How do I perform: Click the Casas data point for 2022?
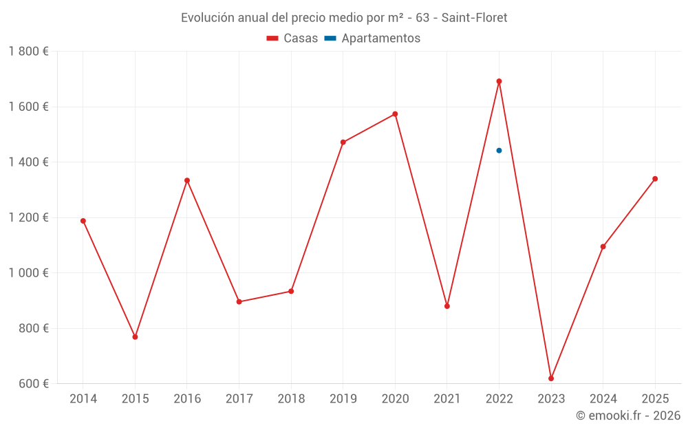499,81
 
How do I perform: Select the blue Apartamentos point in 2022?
499,150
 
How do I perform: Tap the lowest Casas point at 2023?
551,378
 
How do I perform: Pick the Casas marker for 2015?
135,337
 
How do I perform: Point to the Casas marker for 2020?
395,114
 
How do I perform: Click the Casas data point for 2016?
187,180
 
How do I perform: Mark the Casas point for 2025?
655,179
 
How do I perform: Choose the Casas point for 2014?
83,221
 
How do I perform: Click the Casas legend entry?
292,39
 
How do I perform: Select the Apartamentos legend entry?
372,39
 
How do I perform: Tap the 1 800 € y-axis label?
29,52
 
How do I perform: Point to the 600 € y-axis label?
33,383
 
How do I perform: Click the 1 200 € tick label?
29,217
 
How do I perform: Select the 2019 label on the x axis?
343,399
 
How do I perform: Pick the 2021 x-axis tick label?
447,399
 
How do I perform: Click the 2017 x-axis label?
239,399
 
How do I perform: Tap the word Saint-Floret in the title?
474,18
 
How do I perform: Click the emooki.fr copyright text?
627,416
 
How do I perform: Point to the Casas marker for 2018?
291,291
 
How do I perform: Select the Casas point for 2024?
603,246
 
